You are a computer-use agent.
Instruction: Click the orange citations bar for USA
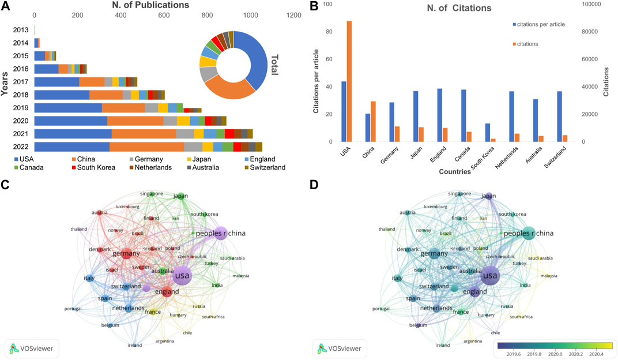[349, 81]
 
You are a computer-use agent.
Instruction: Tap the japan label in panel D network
[488, 196]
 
